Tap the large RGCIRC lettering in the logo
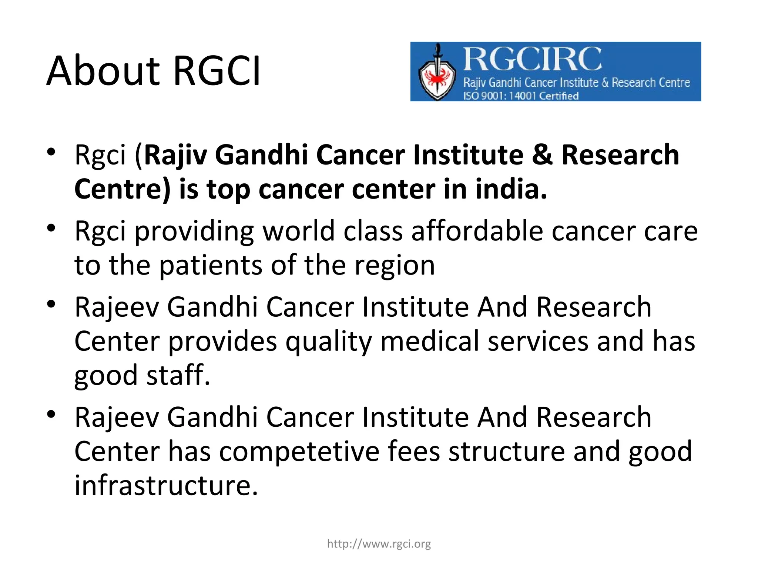(x=532, y=59)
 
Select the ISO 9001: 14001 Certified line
(x=521, y=96)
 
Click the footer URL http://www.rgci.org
(x=379, y=544)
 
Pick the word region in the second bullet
(x=395, y=265)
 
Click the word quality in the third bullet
(x=328, y=341)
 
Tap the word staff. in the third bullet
(x=178, y=375)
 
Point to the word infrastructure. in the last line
(x=166, y=485)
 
